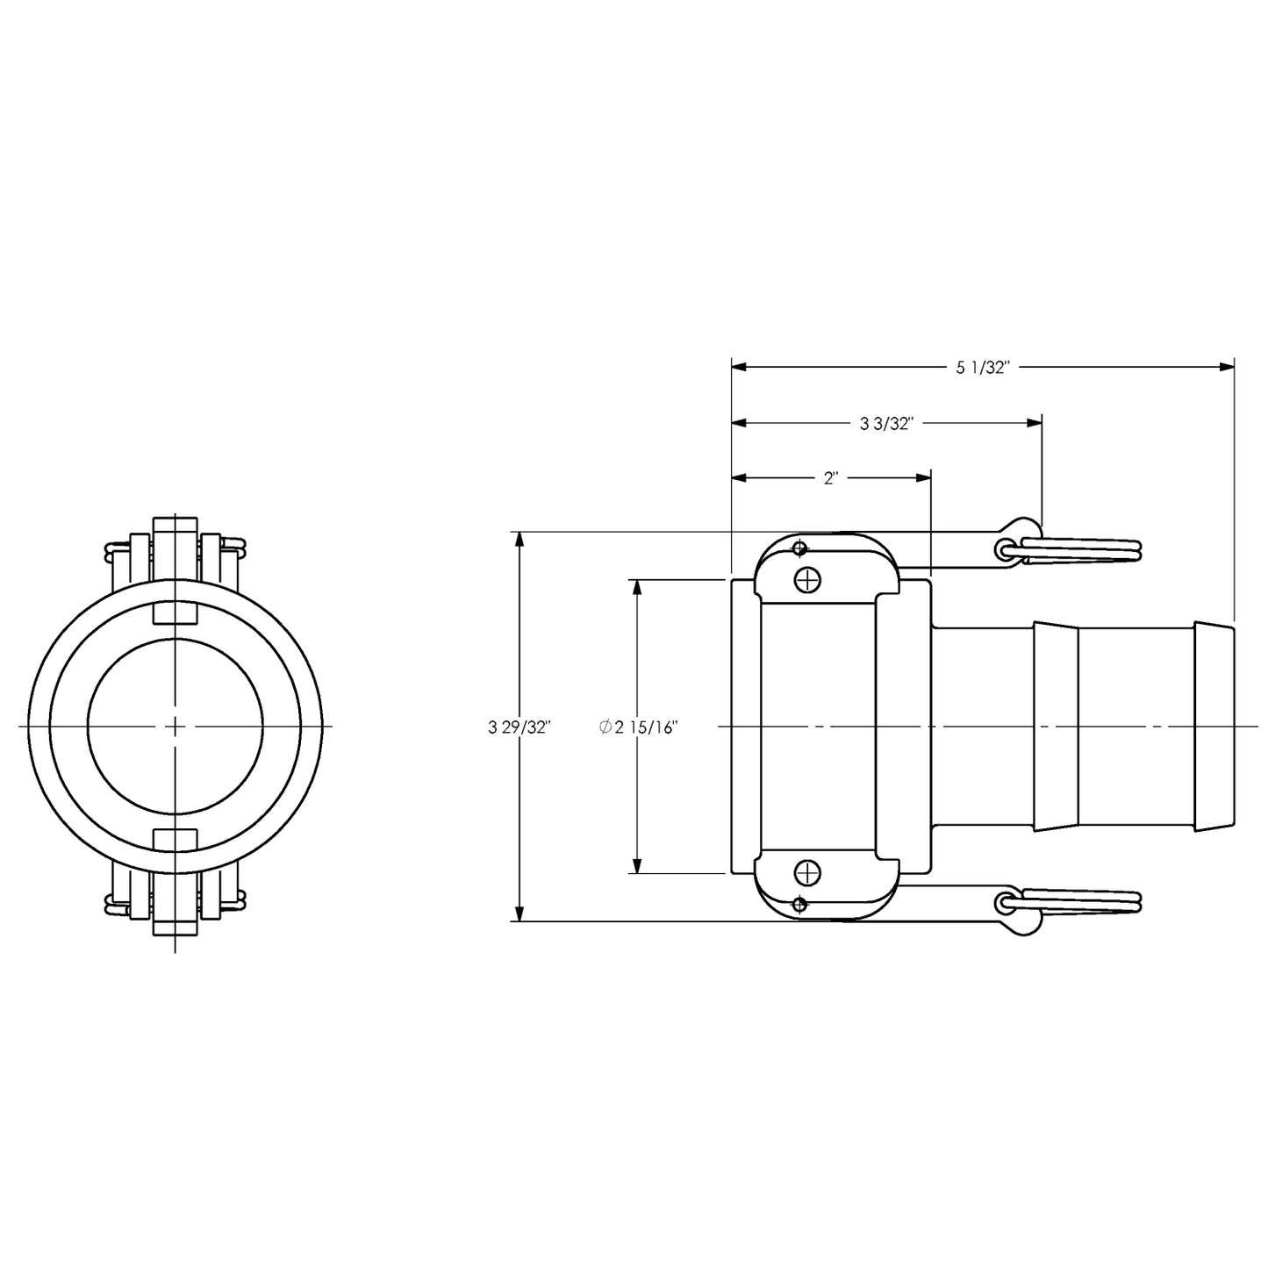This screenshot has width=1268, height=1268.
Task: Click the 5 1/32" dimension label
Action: pos(984,369)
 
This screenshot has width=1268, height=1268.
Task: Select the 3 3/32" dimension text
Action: pos(886,424)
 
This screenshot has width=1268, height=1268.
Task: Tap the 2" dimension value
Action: pos(831,478)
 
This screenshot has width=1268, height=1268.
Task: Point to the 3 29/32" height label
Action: pos(519,727)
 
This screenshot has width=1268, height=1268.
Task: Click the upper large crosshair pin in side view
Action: pos(807,579)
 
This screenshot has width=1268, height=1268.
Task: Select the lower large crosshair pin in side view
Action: pos(807,873)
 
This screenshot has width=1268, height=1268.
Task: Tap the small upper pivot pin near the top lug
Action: pos(799,549)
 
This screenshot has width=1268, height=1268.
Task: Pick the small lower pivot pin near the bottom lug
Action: pos(799,905)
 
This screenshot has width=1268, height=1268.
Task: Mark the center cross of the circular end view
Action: pos(176,727)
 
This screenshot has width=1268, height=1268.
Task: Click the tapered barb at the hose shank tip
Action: pos(1214,727)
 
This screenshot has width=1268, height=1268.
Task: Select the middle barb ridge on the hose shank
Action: pos(1056,727)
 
